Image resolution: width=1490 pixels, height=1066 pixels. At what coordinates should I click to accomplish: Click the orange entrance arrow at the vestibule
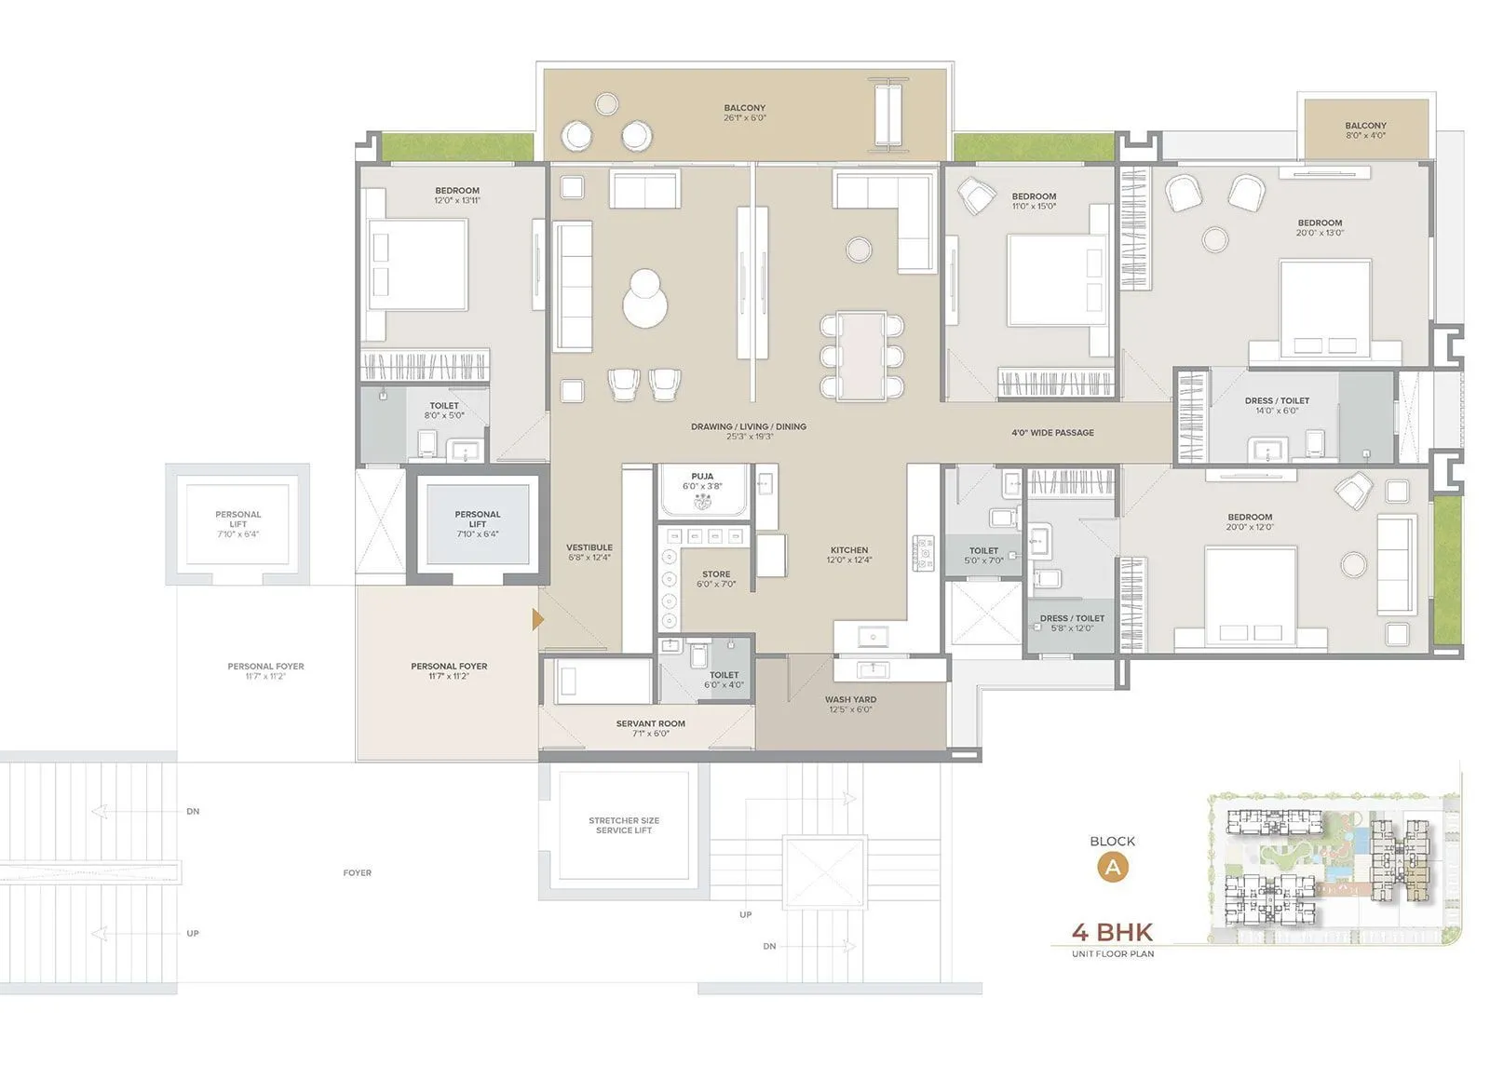click(x=537, y=619)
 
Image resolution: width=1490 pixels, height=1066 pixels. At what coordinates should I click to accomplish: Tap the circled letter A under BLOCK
click(x=1112, y=868)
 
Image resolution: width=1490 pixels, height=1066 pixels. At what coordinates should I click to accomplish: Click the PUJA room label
click(x=702, y=480)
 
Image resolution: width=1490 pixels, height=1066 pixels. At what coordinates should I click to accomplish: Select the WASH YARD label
click(x=850, y=704)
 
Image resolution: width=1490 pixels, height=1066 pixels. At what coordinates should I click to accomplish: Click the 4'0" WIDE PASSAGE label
click(x=1052, y=433)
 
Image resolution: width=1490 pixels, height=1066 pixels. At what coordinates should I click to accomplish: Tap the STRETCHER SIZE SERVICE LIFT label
click(x=624, y=825)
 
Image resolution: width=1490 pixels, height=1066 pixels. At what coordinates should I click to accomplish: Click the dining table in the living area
click(x=861, y=357)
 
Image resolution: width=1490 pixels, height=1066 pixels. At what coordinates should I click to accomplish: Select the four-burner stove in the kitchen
click(x=923, y=553)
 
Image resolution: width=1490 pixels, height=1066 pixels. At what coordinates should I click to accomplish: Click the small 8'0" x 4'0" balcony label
click(x=1365, y=130)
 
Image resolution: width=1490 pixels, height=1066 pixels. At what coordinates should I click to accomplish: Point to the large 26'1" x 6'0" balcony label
click(x=744, y=113)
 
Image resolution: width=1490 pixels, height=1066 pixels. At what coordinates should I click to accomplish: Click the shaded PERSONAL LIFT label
click(x=478, y=523)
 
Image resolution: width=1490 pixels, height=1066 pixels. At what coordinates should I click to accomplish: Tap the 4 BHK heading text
click(x=1112, y=932)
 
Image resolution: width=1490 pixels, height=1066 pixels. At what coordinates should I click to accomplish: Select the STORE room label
click(x=716, y=579)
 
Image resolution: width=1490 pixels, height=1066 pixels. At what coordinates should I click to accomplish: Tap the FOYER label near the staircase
click(x=357, y=873)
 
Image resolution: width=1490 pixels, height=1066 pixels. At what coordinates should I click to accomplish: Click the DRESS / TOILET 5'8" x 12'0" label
click(x=1072, y=623)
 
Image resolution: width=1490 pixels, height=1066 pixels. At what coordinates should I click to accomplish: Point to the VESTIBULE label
click(x=589, y=552)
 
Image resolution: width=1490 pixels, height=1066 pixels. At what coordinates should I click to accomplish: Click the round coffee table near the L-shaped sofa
click(x=859, y=250)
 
